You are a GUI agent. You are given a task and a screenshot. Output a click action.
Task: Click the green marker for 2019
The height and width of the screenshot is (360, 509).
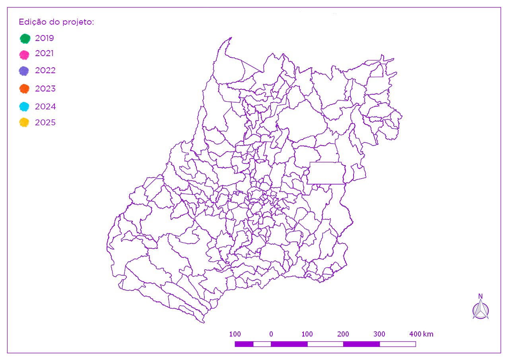pos(25,39)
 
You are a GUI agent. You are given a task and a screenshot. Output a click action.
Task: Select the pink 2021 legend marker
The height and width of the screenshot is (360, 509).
pos(25,55)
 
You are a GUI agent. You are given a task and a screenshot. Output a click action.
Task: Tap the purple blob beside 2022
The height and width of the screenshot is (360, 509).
pos(24,71)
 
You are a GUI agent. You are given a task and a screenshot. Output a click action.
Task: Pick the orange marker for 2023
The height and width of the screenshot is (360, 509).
pos(25,89)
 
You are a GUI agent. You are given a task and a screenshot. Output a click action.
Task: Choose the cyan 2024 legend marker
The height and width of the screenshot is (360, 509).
pos(25,107)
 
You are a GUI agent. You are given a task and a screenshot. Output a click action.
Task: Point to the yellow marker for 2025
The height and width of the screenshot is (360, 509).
pos(25,123)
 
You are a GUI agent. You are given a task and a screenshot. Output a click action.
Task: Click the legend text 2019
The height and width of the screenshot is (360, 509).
pos(45,38)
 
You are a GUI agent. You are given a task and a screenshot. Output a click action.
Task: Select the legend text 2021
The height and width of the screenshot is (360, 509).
pos(44,53)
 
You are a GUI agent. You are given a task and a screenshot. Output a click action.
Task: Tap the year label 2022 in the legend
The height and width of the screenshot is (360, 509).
pos(45,70)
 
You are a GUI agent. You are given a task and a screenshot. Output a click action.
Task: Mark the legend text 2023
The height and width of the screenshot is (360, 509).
pos(45,89)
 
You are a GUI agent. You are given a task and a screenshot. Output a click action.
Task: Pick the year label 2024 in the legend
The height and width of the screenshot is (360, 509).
pos(45,107)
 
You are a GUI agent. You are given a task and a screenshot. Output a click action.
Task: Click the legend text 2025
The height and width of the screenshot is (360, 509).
pos(45,123)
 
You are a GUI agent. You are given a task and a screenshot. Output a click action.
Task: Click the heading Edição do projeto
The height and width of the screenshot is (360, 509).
pos(56,22)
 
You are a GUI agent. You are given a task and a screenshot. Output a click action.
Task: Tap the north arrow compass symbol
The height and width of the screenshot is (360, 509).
pos(481,310)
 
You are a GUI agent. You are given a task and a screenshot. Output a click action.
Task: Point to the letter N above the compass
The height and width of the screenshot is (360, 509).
pos(480,296)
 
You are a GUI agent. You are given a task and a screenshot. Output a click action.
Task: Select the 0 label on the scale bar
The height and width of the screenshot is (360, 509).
pos(271,334)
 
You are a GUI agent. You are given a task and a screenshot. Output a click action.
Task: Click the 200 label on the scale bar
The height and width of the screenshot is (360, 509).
pos(343,334)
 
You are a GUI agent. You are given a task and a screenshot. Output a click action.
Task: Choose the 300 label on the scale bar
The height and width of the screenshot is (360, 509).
pos(379,334)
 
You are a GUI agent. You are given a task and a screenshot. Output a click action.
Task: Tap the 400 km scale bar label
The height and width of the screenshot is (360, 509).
pos(421,334)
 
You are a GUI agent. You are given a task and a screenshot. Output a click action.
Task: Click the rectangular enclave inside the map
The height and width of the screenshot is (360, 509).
pos(327,173)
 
